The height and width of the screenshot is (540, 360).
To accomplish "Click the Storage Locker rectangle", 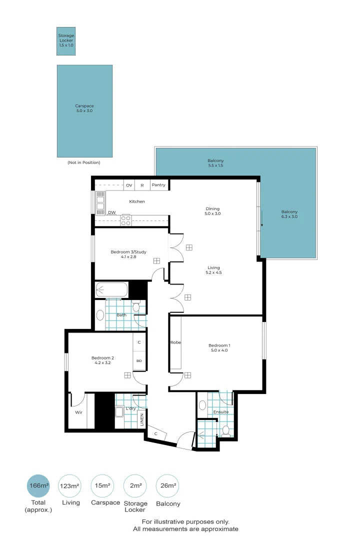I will [66, 41].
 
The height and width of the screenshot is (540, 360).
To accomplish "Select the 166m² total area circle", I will [38, 486].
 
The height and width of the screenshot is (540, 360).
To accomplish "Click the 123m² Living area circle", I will [70, 486].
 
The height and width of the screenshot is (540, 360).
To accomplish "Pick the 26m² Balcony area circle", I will [167, 486].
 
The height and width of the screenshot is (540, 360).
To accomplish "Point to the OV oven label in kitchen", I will [129, 185].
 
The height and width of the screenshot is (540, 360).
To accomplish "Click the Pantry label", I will [158, 185].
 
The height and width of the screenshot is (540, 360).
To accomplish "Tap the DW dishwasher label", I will [111, 212].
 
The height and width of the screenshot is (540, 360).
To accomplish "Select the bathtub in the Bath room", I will [111, 289].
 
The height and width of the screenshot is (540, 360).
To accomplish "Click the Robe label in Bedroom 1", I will [175, 342].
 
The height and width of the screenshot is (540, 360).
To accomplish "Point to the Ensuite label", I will [220, 412].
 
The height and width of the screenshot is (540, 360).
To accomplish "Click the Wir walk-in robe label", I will [78, 413].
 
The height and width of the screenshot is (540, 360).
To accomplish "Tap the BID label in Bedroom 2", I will [139, 360].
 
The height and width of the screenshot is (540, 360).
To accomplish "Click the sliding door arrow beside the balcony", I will [261, 218].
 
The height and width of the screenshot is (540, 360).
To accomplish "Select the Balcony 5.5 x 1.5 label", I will [216, 163].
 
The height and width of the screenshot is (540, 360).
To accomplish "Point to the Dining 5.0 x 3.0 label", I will [212, 211].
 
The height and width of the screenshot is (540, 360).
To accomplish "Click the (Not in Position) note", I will [84, 162].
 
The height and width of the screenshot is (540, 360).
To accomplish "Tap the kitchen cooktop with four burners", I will [125, 220].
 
